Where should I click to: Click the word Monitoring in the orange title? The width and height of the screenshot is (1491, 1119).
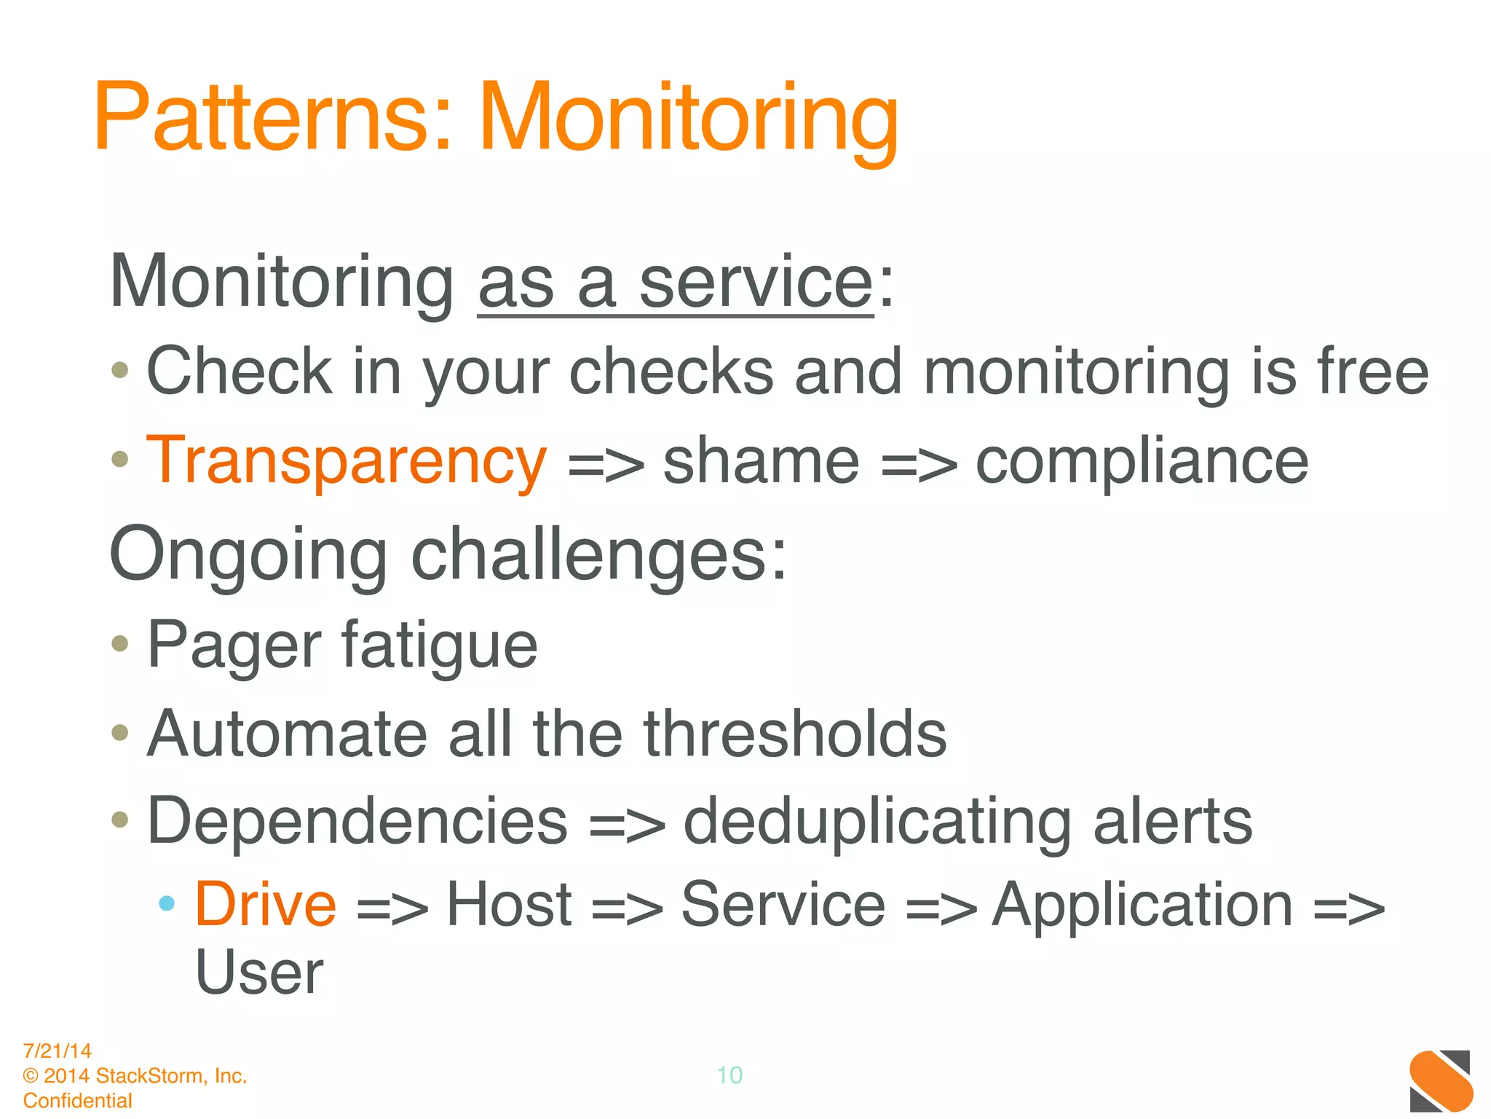pyautogui.click(x=688, y=120)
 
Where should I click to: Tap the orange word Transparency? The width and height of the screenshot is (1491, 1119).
pyautogui.click(x=347, y=461)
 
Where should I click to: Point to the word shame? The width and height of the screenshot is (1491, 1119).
pyautogui.click(x=761, y=461)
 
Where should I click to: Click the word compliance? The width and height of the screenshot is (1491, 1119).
pyautogui.click(x=1141, y=461)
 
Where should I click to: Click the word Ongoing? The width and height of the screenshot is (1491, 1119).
pyautogui.click(x=248, y=555)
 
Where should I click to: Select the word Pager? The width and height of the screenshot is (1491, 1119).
pyautogui.click(x=234, y=645)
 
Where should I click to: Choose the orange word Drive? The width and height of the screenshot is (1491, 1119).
pyautogui.click(x=266, y=905)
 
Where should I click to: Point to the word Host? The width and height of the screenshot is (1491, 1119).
pyautogui.click(x=509, y=905)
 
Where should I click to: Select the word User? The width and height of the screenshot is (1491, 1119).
pyautogui.click(x=259, y=973)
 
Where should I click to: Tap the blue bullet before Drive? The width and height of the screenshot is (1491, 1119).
pyautogui.click(x=167, y=903)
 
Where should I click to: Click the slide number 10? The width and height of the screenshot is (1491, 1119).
pyautogui.click(x=729, y=1075)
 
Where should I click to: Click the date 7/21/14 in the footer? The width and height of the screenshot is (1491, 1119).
pyautogui.click(x=58, y=1051)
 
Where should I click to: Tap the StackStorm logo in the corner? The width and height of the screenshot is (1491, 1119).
pyautogui.click(x=1440, y=1080)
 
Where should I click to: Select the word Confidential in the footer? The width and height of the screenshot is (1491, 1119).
pyautogui.click(x=78, y=1100)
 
